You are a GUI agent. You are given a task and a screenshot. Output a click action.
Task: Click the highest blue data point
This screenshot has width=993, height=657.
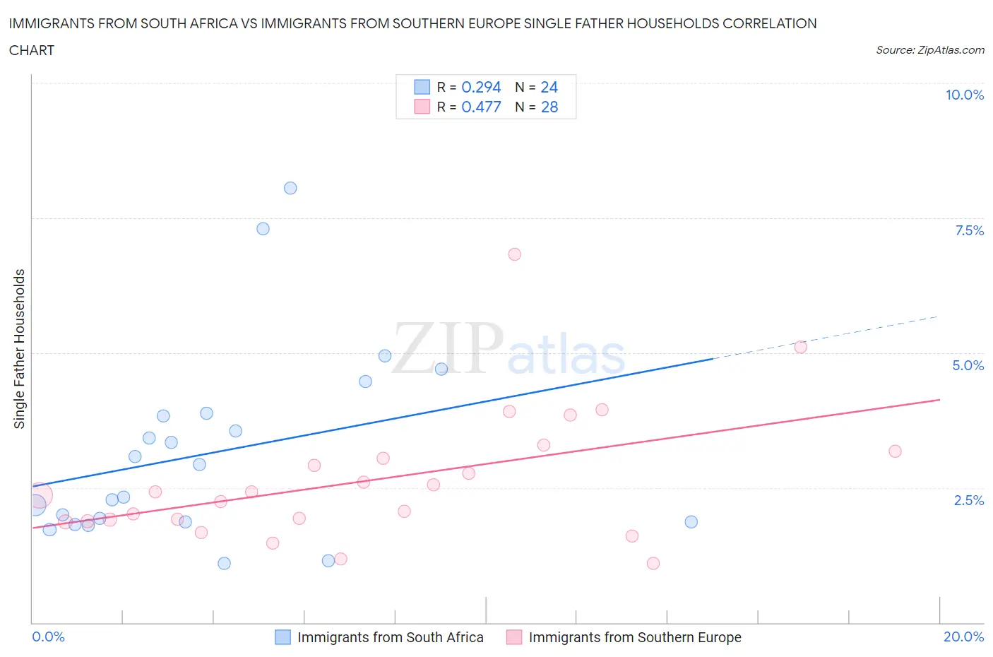click(290, 188)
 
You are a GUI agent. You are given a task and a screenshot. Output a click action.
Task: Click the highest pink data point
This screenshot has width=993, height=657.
click(514, 254)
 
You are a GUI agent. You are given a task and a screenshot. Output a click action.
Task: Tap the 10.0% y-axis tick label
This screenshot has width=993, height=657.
click(964, 95)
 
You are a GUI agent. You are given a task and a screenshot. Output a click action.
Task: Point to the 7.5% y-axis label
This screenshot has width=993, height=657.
click(969, 230)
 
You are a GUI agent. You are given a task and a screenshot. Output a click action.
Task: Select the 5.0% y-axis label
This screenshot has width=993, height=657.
click(968, 365)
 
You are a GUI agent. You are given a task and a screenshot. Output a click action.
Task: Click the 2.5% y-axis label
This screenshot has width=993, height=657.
click(968, 500)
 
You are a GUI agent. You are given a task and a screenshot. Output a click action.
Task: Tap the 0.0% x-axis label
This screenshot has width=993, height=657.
click(49, 637)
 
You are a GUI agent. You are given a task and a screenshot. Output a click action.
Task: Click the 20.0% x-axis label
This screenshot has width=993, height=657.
click(963, 637)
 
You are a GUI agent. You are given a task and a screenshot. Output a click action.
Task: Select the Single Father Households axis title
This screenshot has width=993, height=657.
click(20, 348)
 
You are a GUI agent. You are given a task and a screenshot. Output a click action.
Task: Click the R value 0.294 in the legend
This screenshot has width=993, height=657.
click(481, 87)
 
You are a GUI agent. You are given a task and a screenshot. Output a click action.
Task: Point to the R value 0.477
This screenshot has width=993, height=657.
click(481, 107)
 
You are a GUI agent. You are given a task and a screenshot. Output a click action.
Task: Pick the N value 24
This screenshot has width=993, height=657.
click(549, 87)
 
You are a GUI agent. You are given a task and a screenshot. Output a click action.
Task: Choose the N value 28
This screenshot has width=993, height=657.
click(549, 107)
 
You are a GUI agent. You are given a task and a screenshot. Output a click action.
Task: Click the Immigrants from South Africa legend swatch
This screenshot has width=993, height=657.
click(283, 637)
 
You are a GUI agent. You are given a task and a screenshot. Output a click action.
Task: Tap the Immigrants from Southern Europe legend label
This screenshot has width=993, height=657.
click(635, 637)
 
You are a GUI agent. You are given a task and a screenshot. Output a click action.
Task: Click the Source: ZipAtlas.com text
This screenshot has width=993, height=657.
click(929, 50)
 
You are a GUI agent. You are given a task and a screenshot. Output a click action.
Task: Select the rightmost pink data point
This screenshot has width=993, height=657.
click(895, 451)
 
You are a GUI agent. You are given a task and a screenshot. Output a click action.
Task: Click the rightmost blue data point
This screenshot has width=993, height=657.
click(691, 522)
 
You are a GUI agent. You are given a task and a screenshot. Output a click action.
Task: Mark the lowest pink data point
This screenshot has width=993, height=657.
click(653, 563)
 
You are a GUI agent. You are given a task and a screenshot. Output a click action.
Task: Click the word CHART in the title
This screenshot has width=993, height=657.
click(32, 50)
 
